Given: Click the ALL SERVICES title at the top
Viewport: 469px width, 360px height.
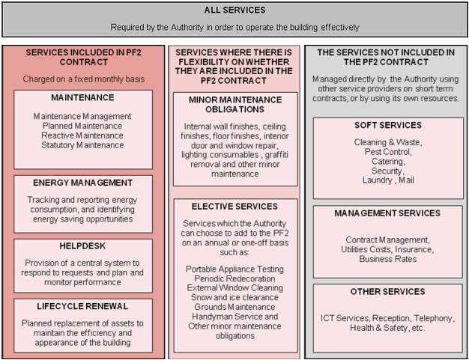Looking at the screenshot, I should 234,10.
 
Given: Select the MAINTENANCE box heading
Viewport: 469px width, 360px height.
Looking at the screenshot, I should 82,97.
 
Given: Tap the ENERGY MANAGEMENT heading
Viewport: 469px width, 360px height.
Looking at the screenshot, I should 82,183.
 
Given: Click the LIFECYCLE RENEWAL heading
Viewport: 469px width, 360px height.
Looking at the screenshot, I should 82,306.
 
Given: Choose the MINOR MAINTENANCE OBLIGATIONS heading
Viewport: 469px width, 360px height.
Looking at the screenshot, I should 235,104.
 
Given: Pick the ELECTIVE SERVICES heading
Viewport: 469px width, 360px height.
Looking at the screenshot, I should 235,207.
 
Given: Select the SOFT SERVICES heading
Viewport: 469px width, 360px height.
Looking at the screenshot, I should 387,125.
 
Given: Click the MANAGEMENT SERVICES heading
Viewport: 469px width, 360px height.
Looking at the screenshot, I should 387,213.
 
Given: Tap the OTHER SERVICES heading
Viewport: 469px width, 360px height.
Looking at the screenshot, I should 387,291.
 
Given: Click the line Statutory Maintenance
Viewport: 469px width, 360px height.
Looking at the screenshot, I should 82,145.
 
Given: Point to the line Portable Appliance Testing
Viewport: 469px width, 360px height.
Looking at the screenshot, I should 235,269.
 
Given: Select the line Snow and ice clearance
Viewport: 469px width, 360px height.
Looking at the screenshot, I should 235,297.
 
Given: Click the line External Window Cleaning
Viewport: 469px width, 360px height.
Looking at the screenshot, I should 235,287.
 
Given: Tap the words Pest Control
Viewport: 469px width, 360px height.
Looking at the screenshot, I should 387,151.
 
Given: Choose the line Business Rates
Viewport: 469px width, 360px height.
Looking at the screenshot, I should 387,259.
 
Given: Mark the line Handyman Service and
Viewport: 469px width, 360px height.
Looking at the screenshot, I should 235,316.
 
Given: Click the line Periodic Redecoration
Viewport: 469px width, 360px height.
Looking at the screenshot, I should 235,278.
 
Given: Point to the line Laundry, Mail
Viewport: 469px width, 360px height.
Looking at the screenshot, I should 387,180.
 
